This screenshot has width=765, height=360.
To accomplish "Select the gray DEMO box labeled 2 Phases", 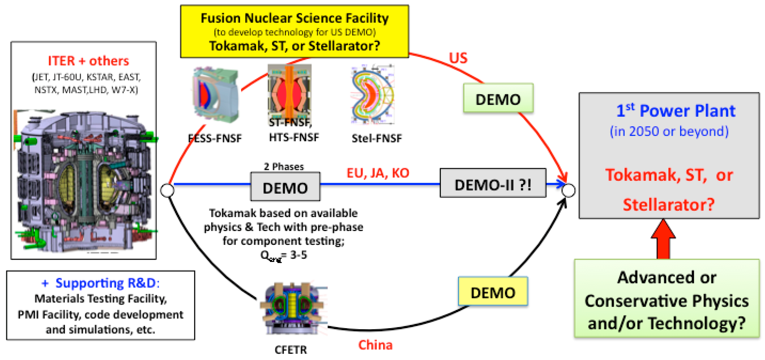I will [x=285, y=187].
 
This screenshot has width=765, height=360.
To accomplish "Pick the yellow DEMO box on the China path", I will [x=493, y=292].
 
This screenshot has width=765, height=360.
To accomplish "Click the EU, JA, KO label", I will [x=378, y=173].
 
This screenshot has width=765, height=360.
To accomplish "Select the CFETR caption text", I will [x=290, y=350].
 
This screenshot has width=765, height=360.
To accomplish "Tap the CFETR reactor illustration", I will [x=293, y=309].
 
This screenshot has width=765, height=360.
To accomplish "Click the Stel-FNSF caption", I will [x=376, y=138].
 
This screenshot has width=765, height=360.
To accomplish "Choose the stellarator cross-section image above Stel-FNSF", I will [x=373, y=94].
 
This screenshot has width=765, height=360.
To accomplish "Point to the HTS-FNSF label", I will [x=294, y=137].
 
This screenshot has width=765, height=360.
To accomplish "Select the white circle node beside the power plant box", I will [x=568, y=190].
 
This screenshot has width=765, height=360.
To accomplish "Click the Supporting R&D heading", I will [x=100, y=283].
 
